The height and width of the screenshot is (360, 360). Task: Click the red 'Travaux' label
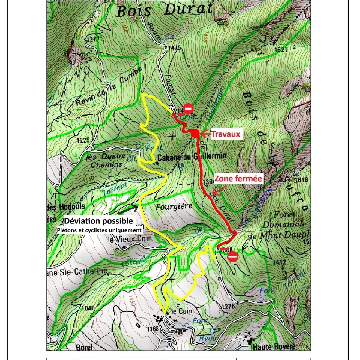(x=226, y=134)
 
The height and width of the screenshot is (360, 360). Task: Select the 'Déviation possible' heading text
(x=98, y=221)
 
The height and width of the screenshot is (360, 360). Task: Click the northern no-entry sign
(x=188, y=108)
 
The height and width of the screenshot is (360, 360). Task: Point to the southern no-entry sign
(x=233, y=257)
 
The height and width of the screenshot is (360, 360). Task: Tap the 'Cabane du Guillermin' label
(x=192, y=156)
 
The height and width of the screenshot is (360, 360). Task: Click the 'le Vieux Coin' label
(x=130, y=239)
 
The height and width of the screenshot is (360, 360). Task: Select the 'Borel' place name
(x=84, y=347)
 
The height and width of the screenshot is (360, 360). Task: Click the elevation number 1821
(x=281, y=50)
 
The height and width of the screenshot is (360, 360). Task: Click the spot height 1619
(x=301, y=180)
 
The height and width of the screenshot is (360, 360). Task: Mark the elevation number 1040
(x=88, y=308)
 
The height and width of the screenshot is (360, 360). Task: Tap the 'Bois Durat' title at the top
(x=164, y=10)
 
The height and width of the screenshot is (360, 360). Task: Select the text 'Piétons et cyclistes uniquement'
(x=99, y=230)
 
